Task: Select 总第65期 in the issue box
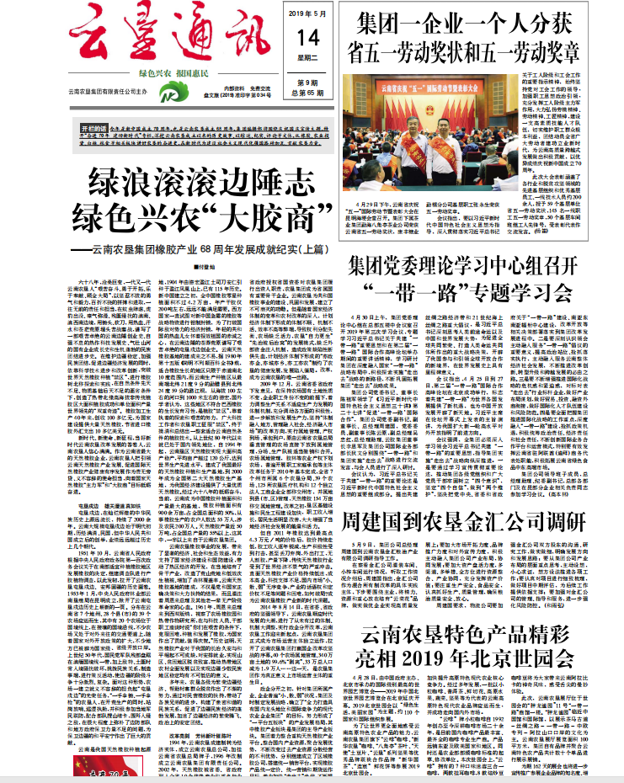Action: coord(308,92)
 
